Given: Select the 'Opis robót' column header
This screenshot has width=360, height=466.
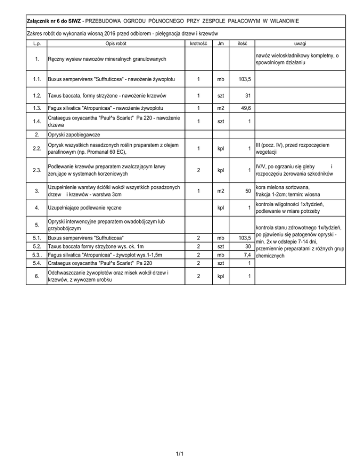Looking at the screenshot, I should (115, 43).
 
